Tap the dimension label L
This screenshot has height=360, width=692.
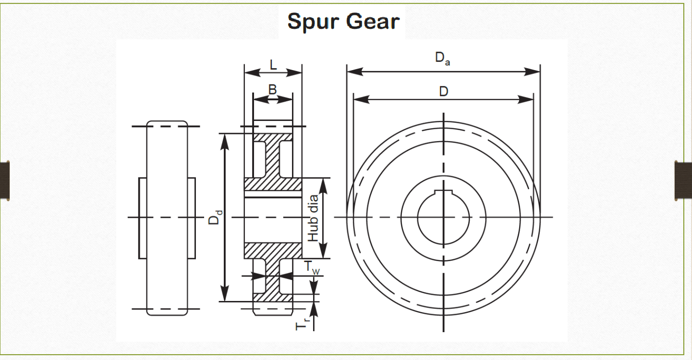pyautogui.click(x=273, y=64)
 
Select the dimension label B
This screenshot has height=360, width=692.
pyautogui.click(x=272, y=90)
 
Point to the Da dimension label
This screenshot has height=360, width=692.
pyautogui.click(x=442, y=59)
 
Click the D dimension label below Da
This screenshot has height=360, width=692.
pyautogui.click(x=443, y=91)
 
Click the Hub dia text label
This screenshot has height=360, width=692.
pyautogui.click(x=313, y=217)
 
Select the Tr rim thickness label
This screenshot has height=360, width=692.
pyautogui.click(x=302, y=325)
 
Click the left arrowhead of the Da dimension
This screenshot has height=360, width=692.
pyautogui.click(x=353, y=72)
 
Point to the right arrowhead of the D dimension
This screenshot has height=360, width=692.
pyautogui.click(x=526, y=99)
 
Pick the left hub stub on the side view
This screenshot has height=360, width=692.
pyautogui.click(x=142, y=217)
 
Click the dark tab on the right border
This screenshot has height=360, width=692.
pyautogui.click(x=683, y=180)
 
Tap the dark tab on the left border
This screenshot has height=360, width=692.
pyautogui.click(x=5, y=180)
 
